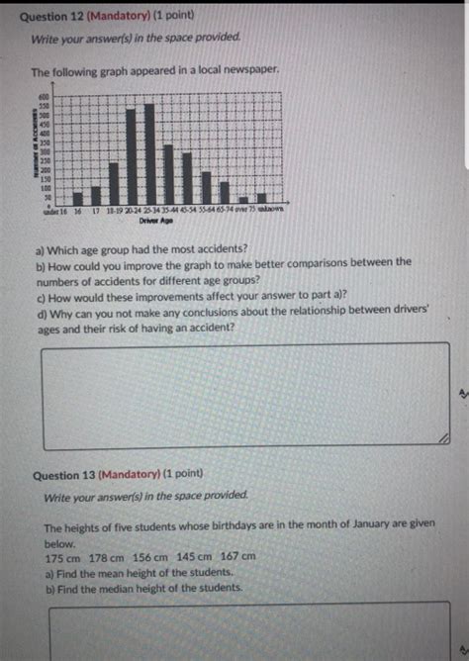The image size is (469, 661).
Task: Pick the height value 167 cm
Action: pyautogui.click(x=238, y=558)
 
